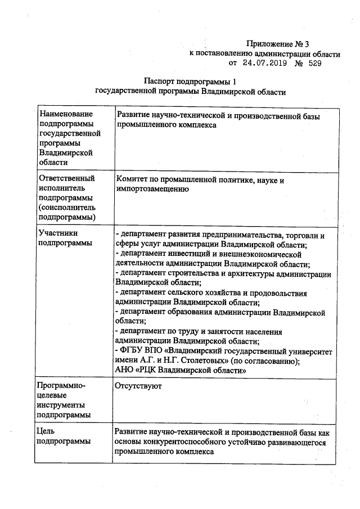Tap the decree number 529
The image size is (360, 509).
(315, 64)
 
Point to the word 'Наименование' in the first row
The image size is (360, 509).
(65, 115)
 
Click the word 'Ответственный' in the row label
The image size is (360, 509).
(66, 178)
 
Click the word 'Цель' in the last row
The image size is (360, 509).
(45, 431)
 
